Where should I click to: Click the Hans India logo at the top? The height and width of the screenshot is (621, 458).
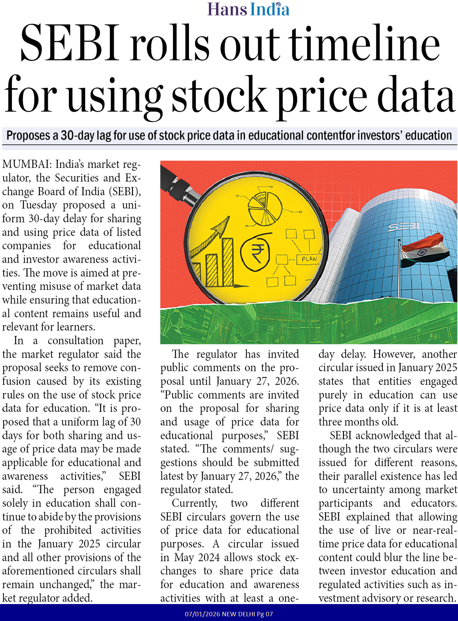tap(248, 9)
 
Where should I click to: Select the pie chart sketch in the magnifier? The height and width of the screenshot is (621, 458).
tap(265, 208)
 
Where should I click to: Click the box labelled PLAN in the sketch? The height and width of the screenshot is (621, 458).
tap(309, 259)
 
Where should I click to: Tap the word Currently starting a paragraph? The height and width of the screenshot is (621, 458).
tap(194, 503)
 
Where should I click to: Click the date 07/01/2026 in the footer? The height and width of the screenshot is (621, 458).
tap(202, 614)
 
